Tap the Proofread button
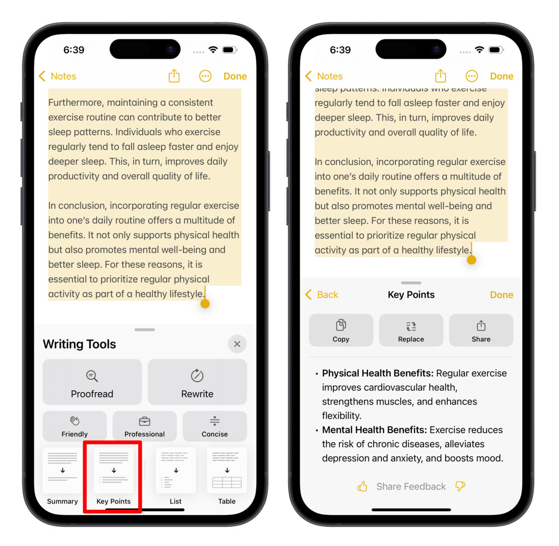[92, 382]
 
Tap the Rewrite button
[197, 382]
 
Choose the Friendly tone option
[75, 426]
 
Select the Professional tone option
[144, 426]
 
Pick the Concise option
[215, 426]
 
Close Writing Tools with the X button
[237, 344]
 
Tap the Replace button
[411, 330]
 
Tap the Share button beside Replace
[481, 330]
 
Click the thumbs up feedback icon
[362, 487]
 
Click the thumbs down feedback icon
[460, 486]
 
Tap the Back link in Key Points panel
[322, 295]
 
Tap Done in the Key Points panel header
[501, 295]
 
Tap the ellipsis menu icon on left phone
[205, 76]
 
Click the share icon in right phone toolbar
[440, 76]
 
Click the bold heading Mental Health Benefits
[374, 430]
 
